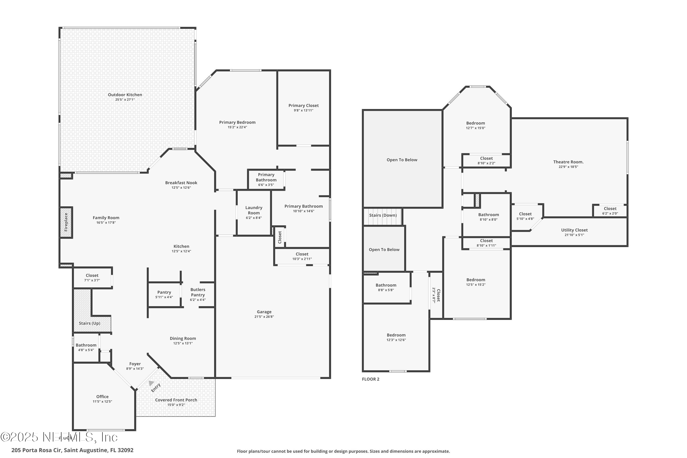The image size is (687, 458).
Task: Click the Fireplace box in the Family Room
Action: point(66,222)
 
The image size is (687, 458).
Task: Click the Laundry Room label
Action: point(254,210)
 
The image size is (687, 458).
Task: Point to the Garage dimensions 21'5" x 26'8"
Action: point(264,317)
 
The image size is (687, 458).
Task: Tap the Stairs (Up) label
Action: point(89,323)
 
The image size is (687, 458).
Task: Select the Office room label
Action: point(102,397)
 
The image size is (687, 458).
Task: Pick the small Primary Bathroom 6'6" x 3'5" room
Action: point(266,179)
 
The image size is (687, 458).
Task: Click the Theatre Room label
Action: point(568,162)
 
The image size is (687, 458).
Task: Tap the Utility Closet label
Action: point(574,230)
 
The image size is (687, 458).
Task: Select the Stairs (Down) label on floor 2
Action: point(383,215)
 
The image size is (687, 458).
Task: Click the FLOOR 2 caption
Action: point(370,379)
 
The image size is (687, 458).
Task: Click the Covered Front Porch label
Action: point(176,400)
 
